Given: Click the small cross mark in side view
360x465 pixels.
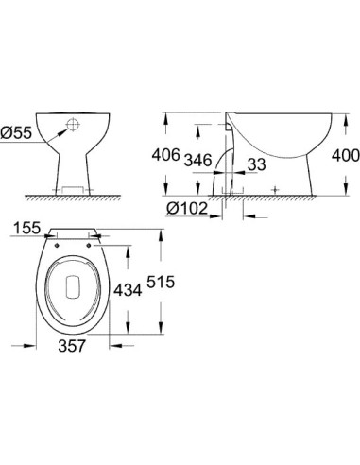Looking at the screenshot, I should (x=275, y=190).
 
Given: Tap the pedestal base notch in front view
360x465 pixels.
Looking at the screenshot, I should (x=76, y=188).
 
